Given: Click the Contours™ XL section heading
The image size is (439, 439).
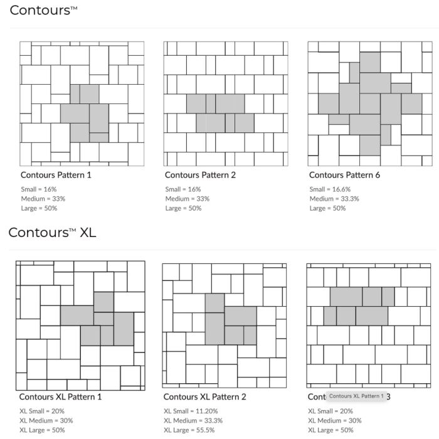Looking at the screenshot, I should [x=52, y=233].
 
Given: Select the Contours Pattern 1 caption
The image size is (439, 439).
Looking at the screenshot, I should [x=56, y=175].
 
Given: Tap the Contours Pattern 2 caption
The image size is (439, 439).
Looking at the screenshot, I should [x=200, y=175].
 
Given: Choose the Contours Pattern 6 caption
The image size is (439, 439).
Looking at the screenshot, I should [x=344, y=175].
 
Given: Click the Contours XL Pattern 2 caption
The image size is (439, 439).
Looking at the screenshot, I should [x=204, y=397].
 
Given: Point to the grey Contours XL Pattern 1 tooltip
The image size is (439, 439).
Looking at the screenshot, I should [x=356, y=396].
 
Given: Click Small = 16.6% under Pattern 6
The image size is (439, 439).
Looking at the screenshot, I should [x=330, y=189].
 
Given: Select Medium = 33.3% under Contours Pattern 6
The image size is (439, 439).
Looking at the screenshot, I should [x=334, y=199].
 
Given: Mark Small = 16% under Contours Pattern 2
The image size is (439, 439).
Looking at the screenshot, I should [x=183, y=189].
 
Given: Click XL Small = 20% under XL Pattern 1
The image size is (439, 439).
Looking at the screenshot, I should [x=42, y=411].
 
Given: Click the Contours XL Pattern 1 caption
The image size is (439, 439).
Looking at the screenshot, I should [x=60, y=397].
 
